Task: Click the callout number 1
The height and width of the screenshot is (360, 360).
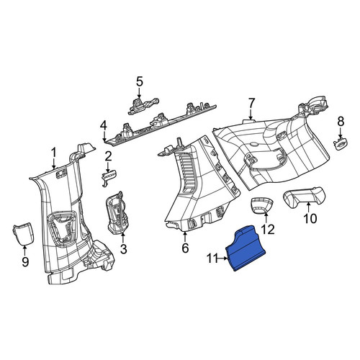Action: pos(54,153)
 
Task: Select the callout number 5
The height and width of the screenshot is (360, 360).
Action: pos(140,81)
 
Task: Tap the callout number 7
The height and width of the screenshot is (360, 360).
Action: pos(251,104)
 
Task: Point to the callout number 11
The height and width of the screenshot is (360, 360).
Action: pos(212,258)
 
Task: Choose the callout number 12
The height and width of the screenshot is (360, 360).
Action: pos(268,230)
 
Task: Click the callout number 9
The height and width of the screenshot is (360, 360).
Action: pos(25,261)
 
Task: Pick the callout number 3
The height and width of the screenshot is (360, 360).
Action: pos(123,249)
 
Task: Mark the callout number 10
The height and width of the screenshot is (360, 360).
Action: pos(310,219)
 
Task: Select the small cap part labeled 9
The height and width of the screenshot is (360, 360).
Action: pos(23,233)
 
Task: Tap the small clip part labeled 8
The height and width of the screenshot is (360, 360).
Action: pos(341,144)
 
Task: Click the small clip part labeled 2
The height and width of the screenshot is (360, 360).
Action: pos(109,176)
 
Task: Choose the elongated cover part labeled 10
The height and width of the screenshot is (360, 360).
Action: pos(305,197)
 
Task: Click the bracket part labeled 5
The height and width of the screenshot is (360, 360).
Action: pos(143,106)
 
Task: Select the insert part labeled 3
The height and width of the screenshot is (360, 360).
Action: pos(117,212)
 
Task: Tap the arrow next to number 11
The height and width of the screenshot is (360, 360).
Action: pos(222,258)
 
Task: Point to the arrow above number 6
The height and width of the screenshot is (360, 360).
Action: pos(185,237)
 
